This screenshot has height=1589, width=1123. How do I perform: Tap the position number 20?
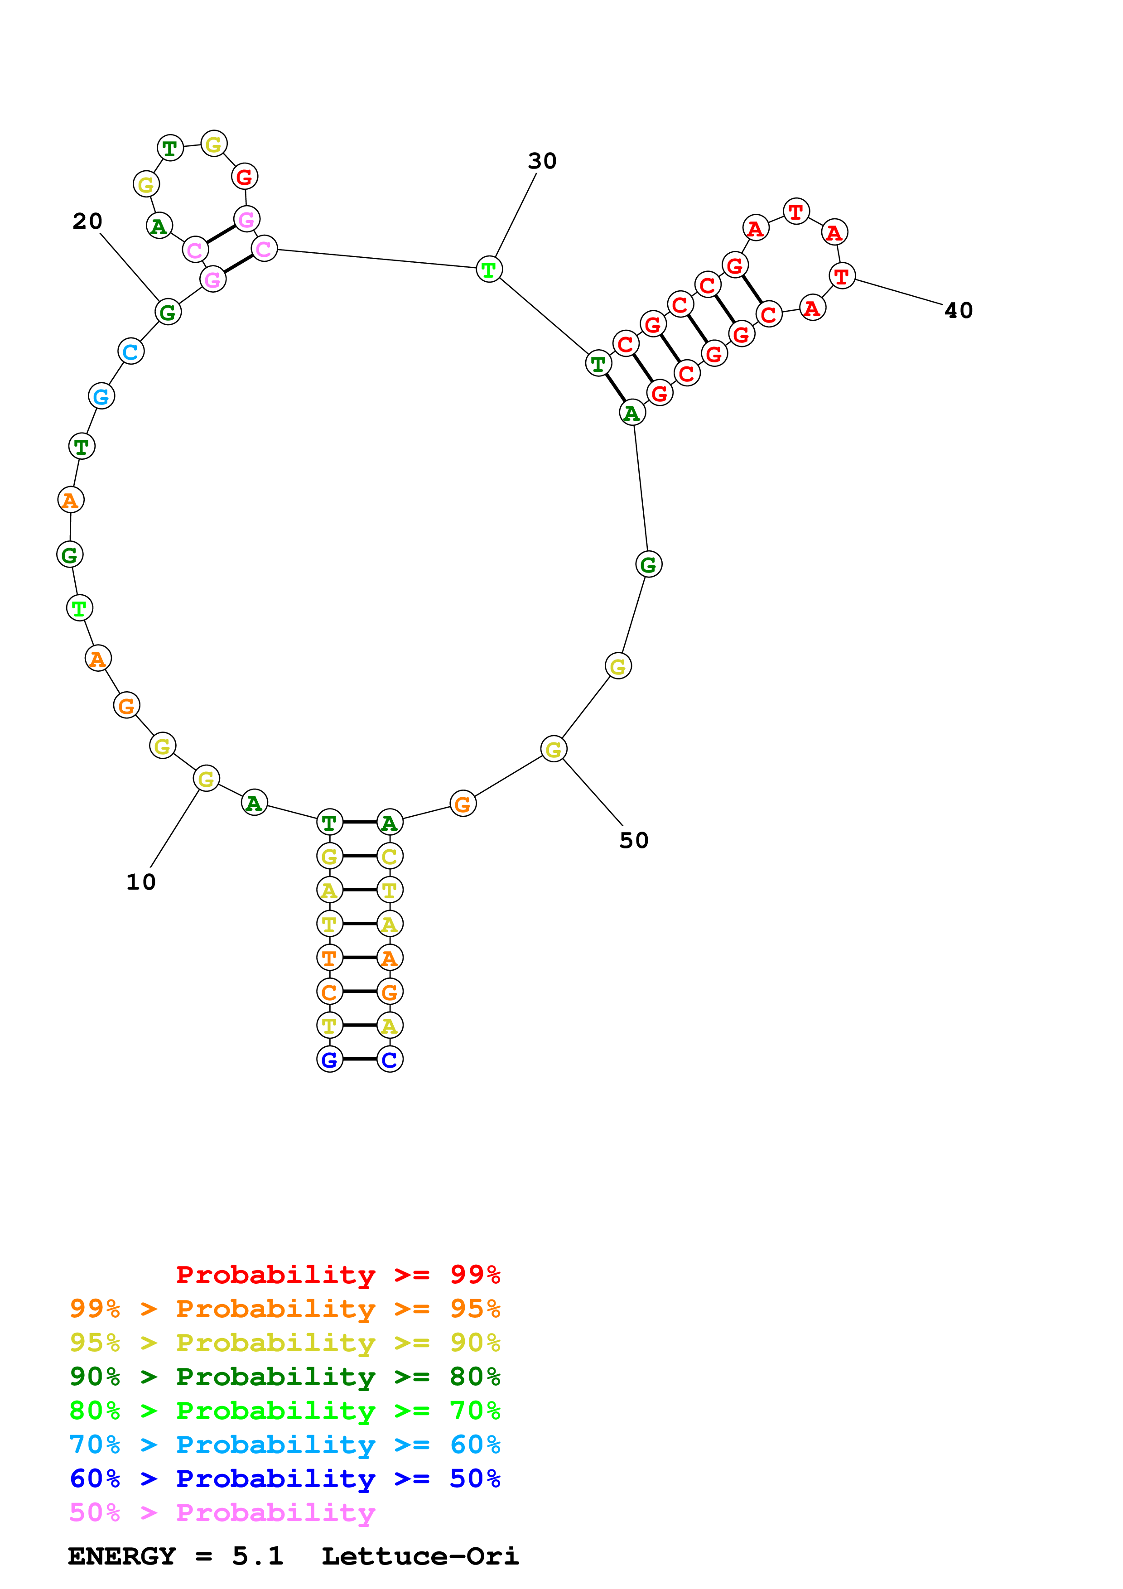click(87, 221)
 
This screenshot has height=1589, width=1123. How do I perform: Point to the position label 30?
click(542, 161)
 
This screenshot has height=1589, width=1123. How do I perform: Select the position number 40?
click(958, 311)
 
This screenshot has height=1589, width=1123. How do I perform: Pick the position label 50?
click(634, 841)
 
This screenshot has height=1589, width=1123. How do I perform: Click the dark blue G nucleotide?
click(329, 1059)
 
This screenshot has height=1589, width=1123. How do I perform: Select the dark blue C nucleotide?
click(390, 1059)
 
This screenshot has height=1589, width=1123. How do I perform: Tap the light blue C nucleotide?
click(131, 352)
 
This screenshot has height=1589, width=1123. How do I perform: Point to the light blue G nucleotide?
click(101, 396)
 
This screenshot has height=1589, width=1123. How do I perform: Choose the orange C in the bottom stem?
click(329, 992)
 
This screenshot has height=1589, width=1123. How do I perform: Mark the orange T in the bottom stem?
click(329, 958)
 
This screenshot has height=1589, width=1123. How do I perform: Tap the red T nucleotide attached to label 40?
click(841, 276)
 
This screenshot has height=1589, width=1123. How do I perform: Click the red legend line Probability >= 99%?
click(337, 1275)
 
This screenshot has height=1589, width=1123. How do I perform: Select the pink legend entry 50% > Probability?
click(222, 1513)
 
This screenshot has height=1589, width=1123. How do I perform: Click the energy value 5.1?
click(257, 1556)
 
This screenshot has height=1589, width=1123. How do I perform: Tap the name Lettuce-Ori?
click(419, 1556)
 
